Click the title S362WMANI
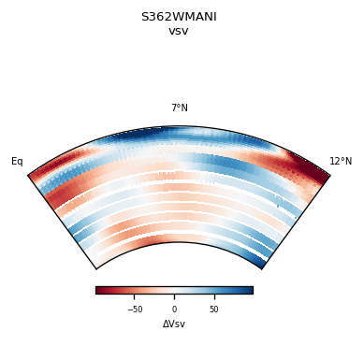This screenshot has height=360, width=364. (x=179, y=17)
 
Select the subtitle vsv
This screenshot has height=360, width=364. (x=179, y=31)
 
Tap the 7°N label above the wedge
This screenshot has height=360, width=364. (x=179, y=108)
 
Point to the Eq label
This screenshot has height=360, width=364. (x=17, y=162)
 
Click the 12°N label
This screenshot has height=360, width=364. (x=341, y=162)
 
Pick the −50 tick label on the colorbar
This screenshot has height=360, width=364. (x=135, y=310)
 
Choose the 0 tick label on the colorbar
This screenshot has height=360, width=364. (x=174, y=310)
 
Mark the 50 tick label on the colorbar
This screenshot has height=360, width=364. (x=213, y=310)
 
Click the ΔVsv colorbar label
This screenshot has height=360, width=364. (x=174, y=324)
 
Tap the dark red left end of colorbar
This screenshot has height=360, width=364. (x=99, y=290)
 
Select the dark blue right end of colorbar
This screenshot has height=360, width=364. (x=249, y=290)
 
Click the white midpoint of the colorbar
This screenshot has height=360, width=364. (x=174, y=290)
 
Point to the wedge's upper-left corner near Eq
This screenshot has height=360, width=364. (x=29, y=174)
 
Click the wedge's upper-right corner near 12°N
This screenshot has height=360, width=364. (x=329, y=174)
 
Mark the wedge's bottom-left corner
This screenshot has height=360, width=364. (x=95, y=268)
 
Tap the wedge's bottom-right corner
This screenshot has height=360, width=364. (x=262, y=268)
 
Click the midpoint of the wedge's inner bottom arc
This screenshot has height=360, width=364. (x=179, y=243)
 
